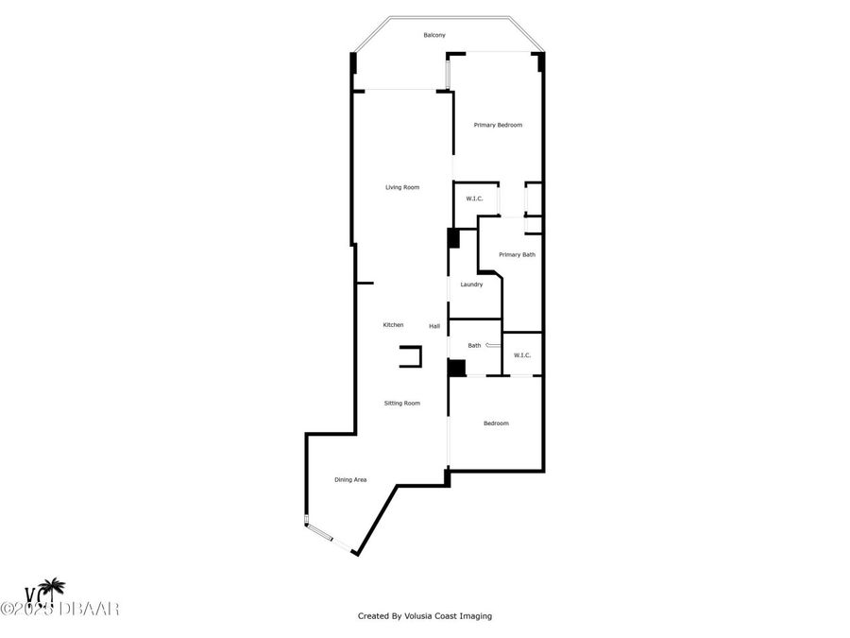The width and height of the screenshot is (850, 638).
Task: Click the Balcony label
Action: coord(434,35)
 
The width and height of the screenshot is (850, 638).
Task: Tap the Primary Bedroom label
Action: coord(498,125)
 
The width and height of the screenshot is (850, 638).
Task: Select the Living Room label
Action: coord(402,187)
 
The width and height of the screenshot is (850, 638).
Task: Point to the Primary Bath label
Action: coord(517,254)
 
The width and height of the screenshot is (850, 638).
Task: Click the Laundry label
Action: coord(471,285)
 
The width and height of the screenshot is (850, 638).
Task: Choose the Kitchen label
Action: coord(393,325)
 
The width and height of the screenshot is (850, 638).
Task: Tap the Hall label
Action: coord(434,326)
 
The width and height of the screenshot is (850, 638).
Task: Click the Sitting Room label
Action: coord(402,404)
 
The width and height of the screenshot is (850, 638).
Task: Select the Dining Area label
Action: coord(350,480)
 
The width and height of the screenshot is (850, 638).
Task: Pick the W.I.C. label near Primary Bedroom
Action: coord(475,198)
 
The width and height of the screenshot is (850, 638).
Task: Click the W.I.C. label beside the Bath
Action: coord(522,355)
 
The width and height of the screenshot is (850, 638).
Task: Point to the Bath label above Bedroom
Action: coord(474,345)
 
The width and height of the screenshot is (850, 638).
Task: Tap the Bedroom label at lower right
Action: coord(496,423)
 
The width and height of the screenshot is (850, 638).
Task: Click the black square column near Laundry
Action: coord(453,238)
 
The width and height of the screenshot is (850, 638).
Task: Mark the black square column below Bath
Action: coord(457,369)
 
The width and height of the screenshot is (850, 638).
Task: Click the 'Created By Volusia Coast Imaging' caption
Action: coord(424,616)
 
